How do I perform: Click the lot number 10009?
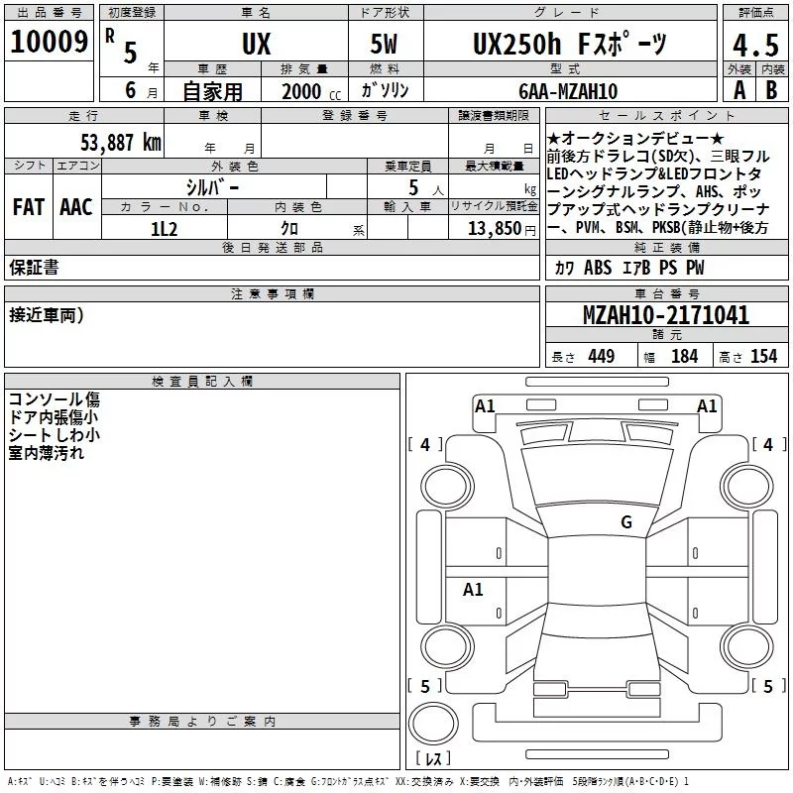[49, 42]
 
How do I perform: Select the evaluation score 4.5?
[755, 45]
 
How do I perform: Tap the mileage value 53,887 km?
[121, 143]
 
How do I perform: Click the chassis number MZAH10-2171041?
[666, 314]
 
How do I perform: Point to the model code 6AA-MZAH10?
[568, 91]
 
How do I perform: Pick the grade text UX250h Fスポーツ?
[569, 44]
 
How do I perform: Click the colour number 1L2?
[164, 229]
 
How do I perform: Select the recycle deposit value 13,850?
[494, 229]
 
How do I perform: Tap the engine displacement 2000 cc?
[311, 91]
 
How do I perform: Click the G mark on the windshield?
[626, 521]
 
